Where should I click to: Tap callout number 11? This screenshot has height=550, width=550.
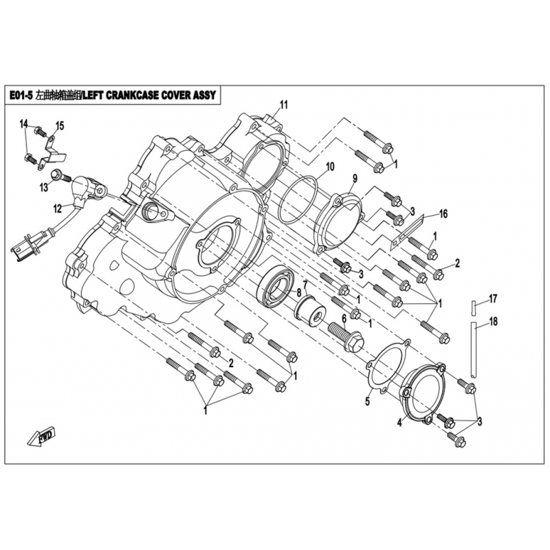(x=283, y=105)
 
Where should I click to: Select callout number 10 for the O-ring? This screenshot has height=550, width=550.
(x=329, y=167)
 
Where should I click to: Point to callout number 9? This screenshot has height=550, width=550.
(x=354, y=177)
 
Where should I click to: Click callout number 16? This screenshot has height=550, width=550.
(x=443, y=214)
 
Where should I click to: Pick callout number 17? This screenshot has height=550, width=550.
(x=492, y=298)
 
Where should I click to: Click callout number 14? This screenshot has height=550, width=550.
(x=23, y=124)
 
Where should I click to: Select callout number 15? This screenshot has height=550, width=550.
(x=59, y=125)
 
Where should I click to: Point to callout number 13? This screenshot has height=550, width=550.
(x=44, y=186)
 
